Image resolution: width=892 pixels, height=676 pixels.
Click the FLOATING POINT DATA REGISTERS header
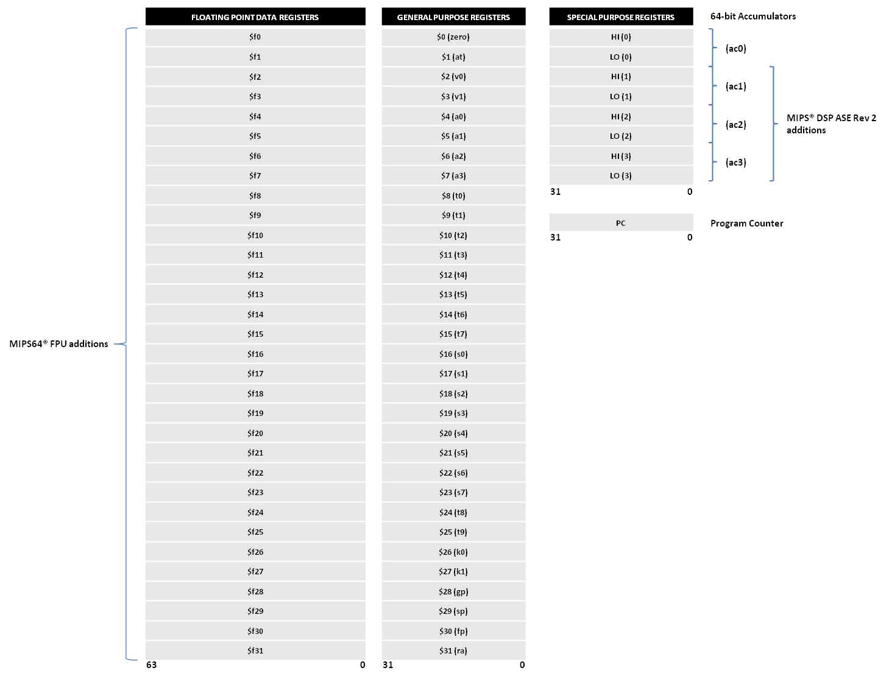(255, 17)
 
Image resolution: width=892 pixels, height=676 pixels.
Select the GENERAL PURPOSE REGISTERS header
(453, 17)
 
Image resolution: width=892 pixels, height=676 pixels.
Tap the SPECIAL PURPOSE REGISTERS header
(621, 17)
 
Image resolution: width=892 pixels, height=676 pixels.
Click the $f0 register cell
(255, 37)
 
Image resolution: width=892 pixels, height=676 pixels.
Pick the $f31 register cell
(255, 650)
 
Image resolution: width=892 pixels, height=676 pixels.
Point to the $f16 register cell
(255, 354)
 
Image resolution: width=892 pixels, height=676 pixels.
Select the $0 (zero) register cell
(453, 37)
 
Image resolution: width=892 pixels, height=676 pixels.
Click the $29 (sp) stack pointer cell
(453, 611)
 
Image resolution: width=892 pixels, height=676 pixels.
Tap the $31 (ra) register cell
(453, 650)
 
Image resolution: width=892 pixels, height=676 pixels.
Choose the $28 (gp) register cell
(453, 591)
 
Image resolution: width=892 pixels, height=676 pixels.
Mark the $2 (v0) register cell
(453, 77)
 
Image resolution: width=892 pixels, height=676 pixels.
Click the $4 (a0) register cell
(453, 116)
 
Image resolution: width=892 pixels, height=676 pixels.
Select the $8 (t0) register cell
(453, 195)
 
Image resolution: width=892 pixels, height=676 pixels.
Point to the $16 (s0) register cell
(453, 354)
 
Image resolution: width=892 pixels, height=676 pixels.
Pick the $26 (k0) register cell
(453, 552)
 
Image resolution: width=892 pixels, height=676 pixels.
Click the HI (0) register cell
(621, 37)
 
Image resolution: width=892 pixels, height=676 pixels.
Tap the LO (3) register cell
(621, 175)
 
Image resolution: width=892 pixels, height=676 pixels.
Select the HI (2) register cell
(621, 116)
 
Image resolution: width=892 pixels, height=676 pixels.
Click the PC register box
(621, 223)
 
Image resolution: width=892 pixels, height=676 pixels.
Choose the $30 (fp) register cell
(453, 631)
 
